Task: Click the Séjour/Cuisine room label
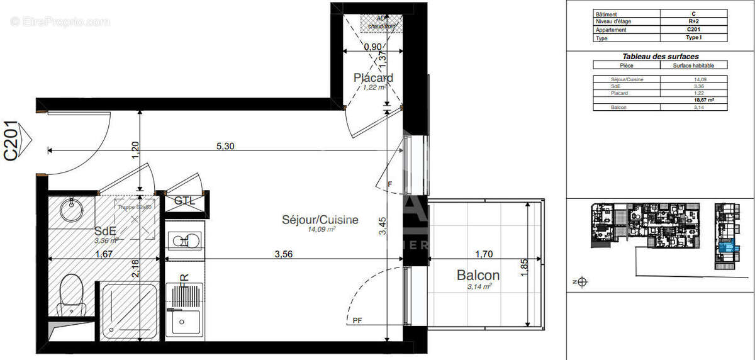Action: pos(320,220)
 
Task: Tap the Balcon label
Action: pos(478,275)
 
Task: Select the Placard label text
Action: pos(373,78)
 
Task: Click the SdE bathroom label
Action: pos(105,230)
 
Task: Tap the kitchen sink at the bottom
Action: pos(184,323)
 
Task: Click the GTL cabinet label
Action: pos(184,201)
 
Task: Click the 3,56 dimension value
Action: pos(284,254)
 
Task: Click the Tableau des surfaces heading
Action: pos(660,56)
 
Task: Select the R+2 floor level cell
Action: pos(693,21)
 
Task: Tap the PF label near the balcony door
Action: pos(357,320)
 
